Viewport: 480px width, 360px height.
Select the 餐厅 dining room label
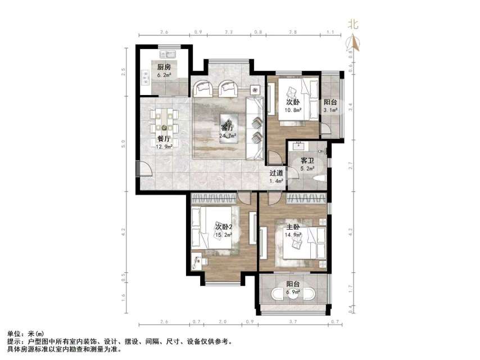[164, 138]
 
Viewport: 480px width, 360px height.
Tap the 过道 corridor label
[275, 173]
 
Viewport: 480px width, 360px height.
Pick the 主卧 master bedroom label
[293, 228]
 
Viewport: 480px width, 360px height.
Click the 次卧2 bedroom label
[224, 227]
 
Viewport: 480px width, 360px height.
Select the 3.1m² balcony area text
[330, 110]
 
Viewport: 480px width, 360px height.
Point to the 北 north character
[354, 24]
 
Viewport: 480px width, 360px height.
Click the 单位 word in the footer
[13, 334]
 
